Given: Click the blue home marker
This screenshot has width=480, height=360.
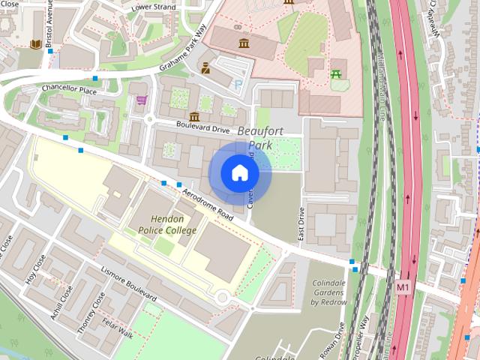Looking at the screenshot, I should [239, 172].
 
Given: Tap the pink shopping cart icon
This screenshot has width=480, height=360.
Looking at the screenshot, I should [142, 100].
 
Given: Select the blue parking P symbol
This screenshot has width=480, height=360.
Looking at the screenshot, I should [238, 85].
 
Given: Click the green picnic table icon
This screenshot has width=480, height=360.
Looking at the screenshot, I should [336, 74].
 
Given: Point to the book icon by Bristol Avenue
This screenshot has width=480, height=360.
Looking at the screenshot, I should [35, 44].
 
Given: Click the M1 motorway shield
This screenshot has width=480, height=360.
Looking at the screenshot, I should [403, 286].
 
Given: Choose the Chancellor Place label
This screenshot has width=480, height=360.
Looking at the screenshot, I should [70, 90].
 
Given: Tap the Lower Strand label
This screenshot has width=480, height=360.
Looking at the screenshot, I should [153, 7].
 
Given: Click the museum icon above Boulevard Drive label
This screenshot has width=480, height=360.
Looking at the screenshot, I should [194, 116].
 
